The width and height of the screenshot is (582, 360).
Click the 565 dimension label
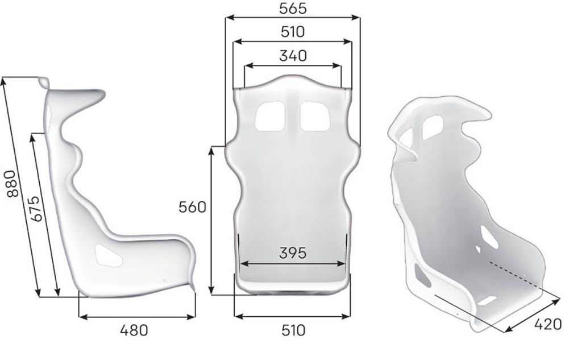click(x=293, y=8)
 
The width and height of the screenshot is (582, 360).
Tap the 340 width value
click(x=293, y=56)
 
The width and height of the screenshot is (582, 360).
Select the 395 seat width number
click(x=293, y=253)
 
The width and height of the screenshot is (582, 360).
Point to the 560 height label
click(x=192, y=207)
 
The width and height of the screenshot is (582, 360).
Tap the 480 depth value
click(x=134, y=330)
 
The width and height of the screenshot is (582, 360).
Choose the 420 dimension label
click(x=548, y=324)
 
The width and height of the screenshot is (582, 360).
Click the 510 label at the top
click(x=293, y=32)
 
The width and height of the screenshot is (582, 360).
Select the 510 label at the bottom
click(x=293, y=330)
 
